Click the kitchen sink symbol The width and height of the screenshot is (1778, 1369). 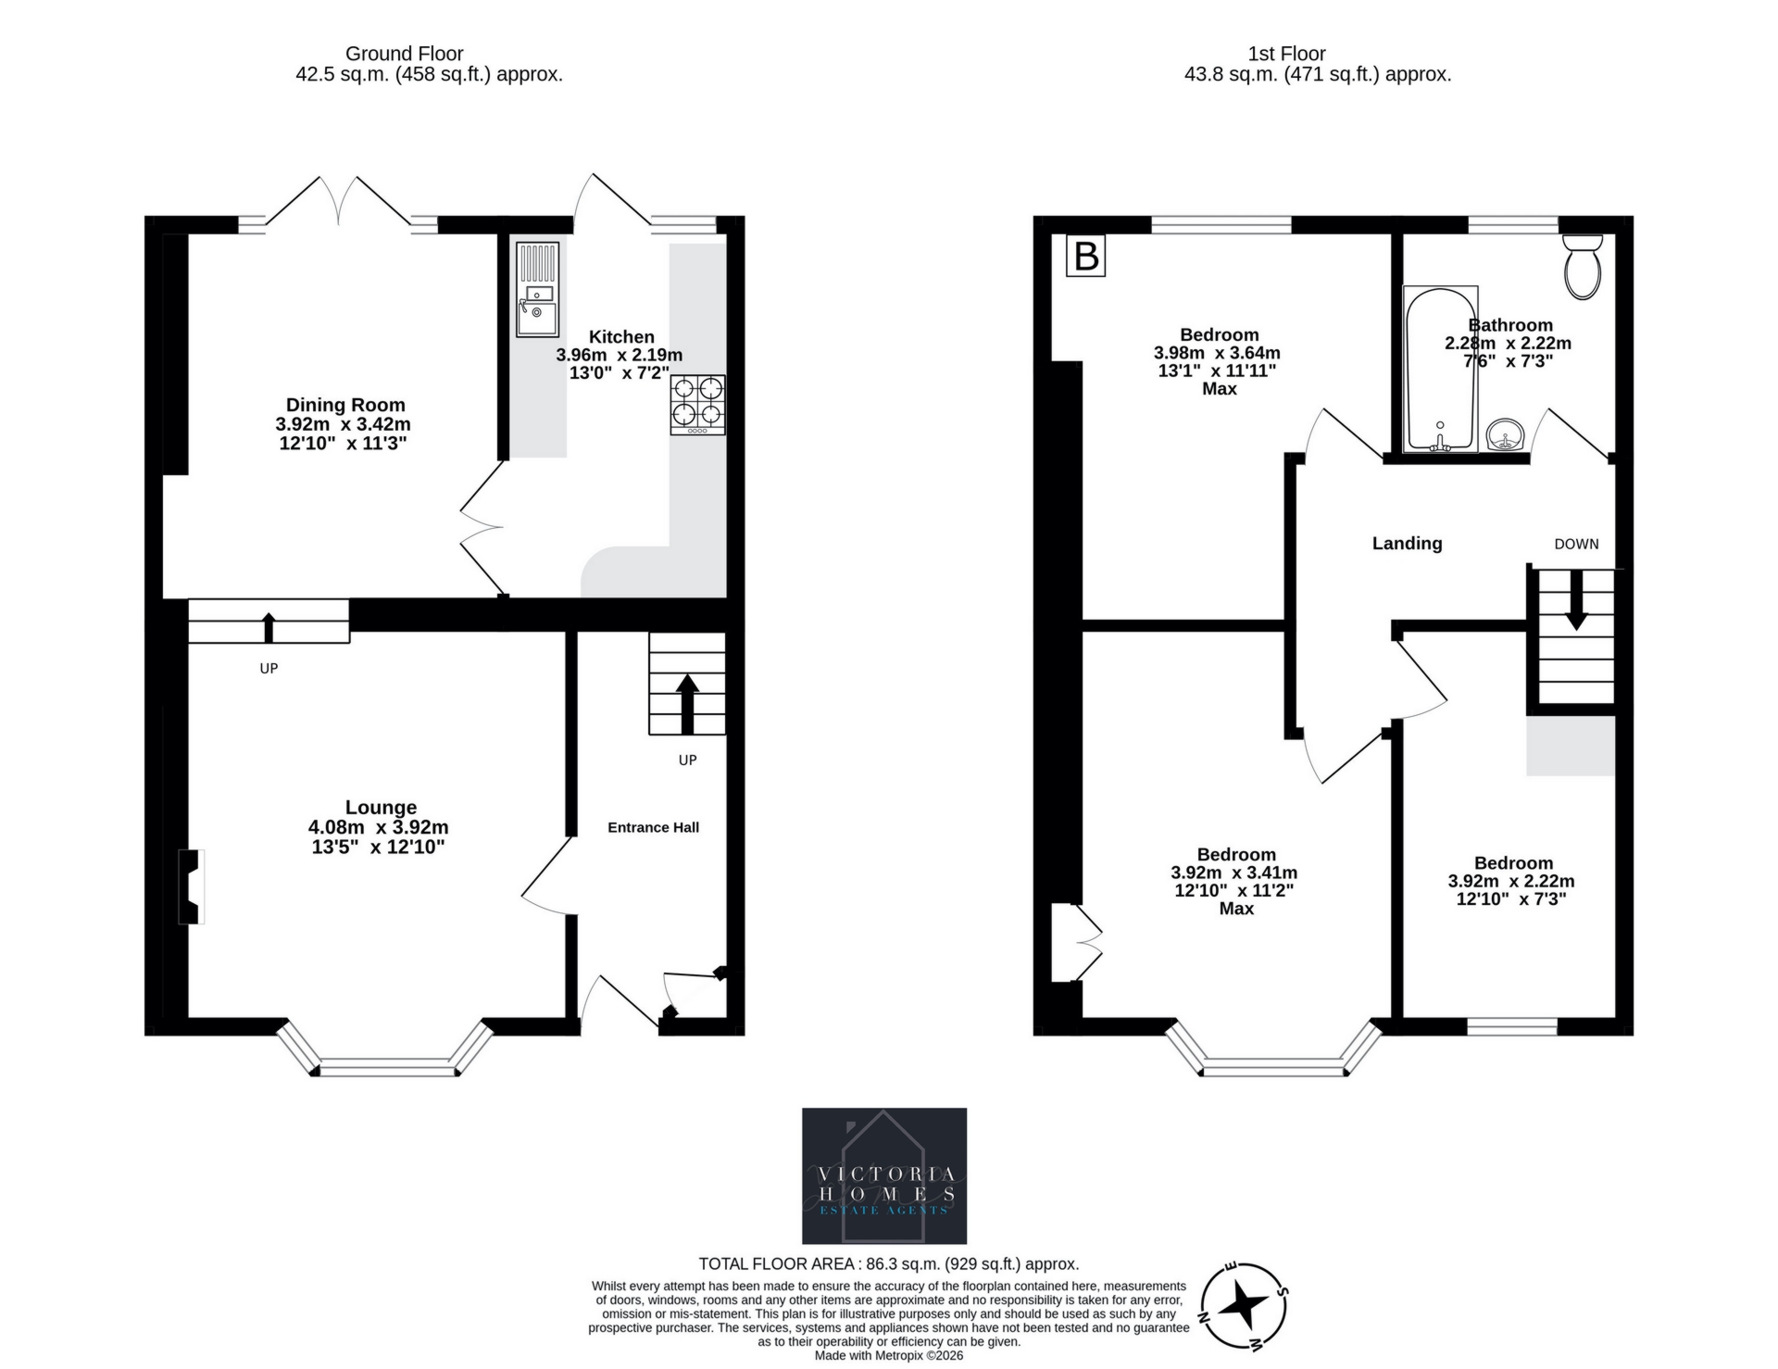pos(538,290)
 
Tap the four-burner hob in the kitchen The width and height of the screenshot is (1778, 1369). pos(697,405)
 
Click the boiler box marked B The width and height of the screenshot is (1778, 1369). pos(1086,256)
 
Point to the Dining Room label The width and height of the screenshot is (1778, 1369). pos(344,405)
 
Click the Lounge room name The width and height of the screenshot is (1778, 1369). pos(381,808)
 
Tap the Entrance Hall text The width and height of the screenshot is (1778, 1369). pos(653,827)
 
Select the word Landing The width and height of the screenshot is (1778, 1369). pos(1407,544)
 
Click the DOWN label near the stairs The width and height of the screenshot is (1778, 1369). pos(1576,544)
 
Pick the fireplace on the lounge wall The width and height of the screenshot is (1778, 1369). pos(192,886)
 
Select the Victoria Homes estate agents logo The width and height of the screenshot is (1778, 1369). pos(883,1175)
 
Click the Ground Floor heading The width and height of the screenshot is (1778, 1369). pos(404,54)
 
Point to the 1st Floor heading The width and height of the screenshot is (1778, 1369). pos(1286,54)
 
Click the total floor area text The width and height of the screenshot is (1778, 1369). pos(888,1263)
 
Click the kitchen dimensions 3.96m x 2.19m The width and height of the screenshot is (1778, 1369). pos(619,355)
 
